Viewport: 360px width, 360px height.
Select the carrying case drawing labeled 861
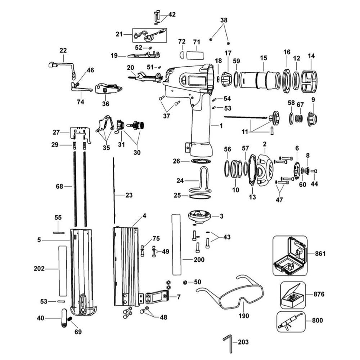pos(290,256)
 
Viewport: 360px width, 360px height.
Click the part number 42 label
pos(172,14)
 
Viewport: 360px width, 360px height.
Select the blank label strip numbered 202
pos(63,270)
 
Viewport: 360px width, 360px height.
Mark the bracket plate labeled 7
pos(157,297)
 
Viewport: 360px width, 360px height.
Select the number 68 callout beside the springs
pos(59,186)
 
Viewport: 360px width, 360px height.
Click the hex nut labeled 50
pos(184,282)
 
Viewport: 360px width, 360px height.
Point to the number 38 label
pos(224,21)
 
